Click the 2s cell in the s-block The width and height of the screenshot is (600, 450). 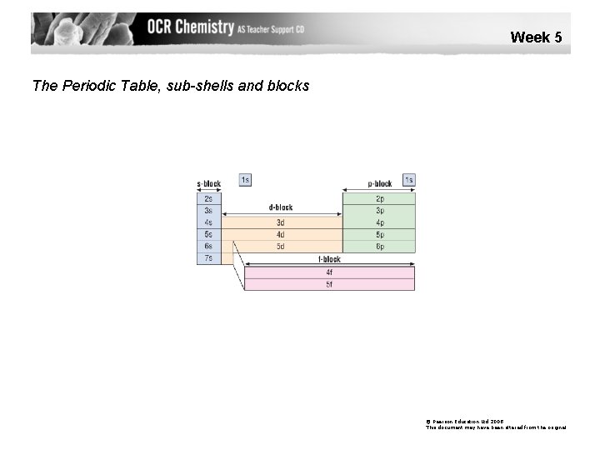[x=208, y=198]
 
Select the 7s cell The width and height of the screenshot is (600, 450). [x=208, y=258]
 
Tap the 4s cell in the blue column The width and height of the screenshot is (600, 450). [x=208, y=222]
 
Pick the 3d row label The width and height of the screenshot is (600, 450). [x=280, y=222]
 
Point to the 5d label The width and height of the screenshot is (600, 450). [x=280, y=247]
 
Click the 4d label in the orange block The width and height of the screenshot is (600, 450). [x=280, y=235]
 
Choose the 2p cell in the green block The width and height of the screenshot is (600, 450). [x=379, y=198]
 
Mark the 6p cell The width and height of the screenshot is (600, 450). [x=379, y=247]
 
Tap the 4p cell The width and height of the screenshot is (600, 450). [x=379, y=222]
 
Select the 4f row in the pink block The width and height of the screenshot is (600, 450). [x=329, y=272]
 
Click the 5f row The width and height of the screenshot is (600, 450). [x=329, y=284]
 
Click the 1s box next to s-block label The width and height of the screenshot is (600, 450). [x=245, y=179]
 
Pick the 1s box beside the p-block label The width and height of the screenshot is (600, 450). [x=408, y=179]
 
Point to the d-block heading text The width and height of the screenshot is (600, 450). [x=281, y=207]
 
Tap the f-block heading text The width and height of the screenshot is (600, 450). [x=329, y=259]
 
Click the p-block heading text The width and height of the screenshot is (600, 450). [x=380, y=183]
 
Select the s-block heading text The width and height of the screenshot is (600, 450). [x=208, y=183]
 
